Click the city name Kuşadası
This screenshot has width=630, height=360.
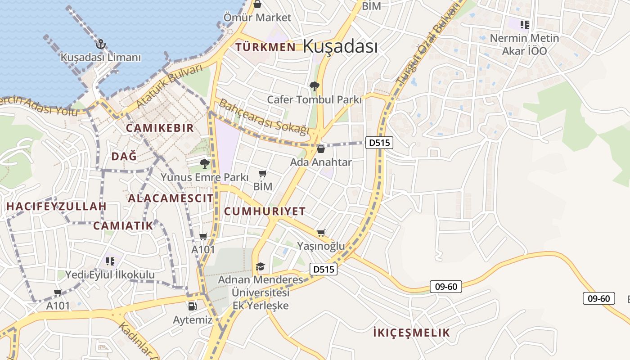tap(340, 46)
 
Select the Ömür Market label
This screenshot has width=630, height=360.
tap(257, 18)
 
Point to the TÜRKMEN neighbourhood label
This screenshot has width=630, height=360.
tap(265, 47)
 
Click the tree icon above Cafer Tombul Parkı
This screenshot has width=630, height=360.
tap(315, 85)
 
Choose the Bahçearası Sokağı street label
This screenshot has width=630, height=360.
tap(264, 117)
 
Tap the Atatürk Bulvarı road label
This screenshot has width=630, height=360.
tap(170, 87)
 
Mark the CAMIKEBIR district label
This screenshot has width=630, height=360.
tap(160, 128)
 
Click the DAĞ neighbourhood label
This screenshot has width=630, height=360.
tap(124, 157)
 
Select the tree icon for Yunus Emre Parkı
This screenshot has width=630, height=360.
tap(205, 163)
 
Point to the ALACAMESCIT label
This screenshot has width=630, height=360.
tap(171, 198)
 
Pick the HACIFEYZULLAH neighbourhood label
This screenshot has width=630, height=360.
tap(56, 207)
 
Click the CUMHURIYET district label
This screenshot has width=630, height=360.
tap(265, 211)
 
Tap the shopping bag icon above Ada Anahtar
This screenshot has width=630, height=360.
tap(321, 148)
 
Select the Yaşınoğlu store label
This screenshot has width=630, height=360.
tap(321, 246)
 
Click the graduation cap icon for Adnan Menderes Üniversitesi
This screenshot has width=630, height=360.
tap(260, 267)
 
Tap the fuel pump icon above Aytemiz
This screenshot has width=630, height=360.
tap(193, 306)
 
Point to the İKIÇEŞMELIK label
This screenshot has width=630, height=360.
tap(411, 333)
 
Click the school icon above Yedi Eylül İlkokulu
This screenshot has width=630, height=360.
tap(110, 261)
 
